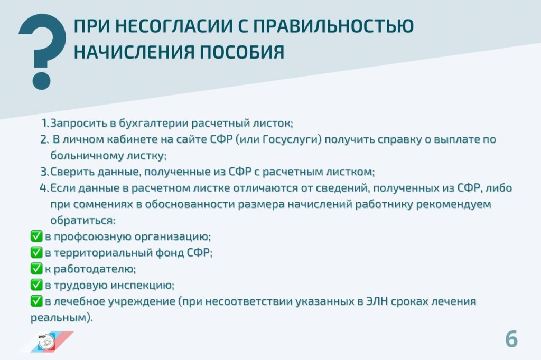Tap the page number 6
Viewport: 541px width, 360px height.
click(511, 339)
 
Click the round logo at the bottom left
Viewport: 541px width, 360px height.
click(46, 342)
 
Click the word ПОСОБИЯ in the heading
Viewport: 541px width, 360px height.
click(242, 52)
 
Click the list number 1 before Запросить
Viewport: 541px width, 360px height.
click(45, 123)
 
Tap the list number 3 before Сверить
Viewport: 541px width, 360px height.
click(45, 172)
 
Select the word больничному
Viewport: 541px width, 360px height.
click(87, 156)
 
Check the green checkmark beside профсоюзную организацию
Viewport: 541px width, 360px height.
click(36, 236)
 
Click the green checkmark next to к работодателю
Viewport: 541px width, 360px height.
click(36, 269)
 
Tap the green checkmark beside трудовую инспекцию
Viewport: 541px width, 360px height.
click(36, 285)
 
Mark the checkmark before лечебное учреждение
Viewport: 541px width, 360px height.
click(36, 301)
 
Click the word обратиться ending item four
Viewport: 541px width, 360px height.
click(81, 220)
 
